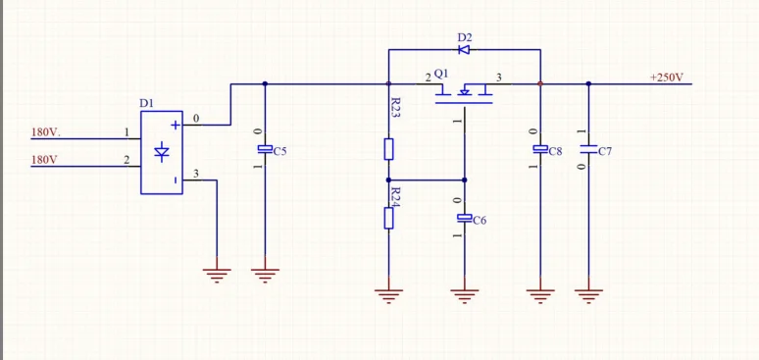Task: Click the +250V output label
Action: (667, 77)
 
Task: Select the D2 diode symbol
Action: (464, 49)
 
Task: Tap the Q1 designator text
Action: (441, 74)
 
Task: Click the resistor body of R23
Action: (388, 149)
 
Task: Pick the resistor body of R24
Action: (388, 218)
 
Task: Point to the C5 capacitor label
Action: (280, 152)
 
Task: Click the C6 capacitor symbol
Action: (465, 218)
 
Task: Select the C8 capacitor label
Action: (555, 152)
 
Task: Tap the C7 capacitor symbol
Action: (588, 149)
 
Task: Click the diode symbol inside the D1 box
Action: (162, 152)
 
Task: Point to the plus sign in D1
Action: (176, 125)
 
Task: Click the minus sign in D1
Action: (176, 180)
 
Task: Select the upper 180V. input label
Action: (46, 131)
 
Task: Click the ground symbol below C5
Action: (265, 276)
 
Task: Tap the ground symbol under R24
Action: (388, 295)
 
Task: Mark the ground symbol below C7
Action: (588, 295)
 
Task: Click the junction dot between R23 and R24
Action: (388, 180)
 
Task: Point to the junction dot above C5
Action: (265, 83)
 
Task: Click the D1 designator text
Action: (146, 103)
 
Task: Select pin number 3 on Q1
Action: (499, 77)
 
